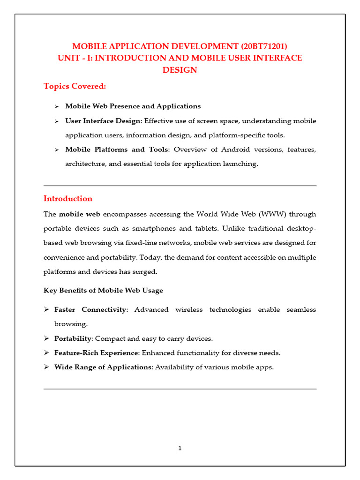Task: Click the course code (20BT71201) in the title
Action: pos(264,46)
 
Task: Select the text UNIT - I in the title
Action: pos(72,58)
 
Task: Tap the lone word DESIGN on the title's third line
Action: pos(180,70)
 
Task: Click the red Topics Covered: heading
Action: pos(75,86)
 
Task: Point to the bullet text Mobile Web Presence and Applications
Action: pos(133,106)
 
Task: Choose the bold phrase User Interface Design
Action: pos(103,121)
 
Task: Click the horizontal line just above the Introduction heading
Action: pos(180,186)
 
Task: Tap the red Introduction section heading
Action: pos(68,198)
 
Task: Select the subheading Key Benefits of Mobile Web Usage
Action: pos(103,290)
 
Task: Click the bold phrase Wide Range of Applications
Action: pos(102,367)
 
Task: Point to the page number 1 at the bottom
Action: pos(180,448)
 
